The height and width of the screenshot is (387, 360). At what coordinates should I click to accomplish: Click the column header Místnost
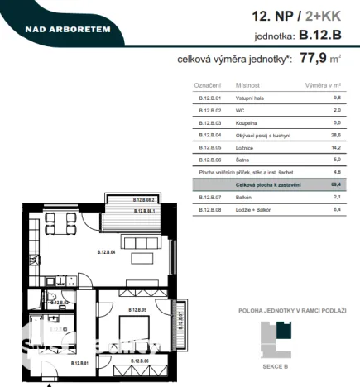[247, 85]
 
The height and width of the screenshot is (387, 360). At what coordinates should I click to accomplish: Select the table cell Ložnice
[247, 147]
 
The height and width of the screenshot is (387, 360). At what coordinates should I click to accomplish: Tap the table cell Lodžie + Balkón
[256, 210]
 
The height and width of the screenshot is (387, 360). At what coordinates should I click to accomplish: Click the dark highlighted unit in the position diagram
[283, 330]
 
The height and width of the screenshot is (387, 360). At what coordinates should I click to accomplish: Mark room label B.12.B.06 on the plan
[137, 361]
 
